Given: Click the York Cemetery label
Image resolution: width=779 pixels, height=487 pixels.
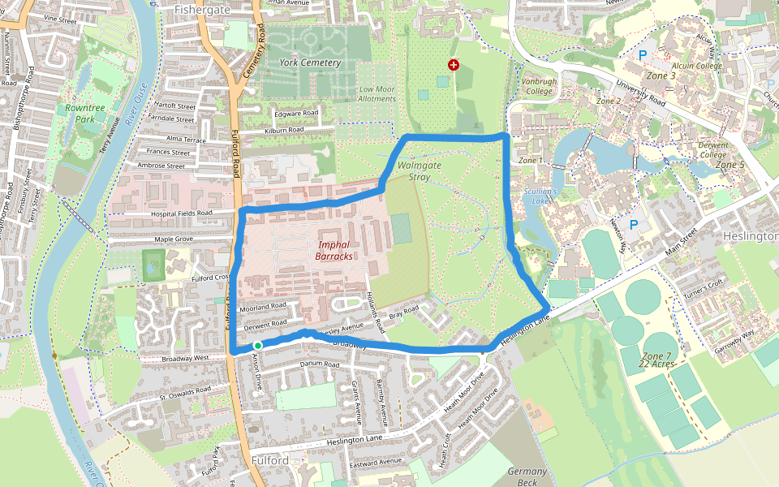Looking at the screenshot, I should (x=309, y=62).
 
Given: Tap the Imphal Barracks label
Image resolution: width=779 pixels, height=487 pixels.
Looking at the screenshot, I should (x=335, y=250).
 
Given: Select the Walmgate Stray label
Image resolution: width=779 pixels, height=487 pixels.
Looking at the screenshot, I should (x=420, y=170).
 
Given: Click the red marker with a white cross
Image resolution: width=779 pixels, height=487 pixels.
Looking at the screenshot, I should (x=453, y=64).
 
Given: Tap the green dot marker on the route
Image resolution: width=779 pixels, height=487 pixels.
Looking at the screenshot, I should (x=257, y=346).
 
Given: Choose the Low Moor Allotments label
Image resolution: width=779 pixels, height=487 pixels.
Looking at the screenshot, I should (x=377, y=93).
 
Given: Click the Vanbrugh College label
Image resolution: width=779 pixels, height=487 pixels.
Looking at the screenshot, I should (x=537, y=86).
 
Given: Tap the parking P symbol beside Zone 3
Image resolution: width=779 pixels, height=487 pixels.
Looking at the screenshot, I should (x=643, y=55).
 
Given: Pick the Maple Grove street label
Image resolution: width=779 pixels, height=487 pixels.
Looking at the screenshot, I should (x=174, y=239).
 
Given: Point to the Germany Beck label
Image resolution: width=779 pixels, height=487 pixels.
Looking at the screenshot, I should (x=527, y=476).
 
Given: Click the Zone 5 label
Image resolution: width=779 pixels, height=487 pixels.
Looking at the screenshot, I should (x=730, y=165).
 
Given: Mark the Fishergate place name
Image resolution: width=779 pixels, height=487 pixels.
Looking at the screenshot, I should (x=203, y=9).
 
